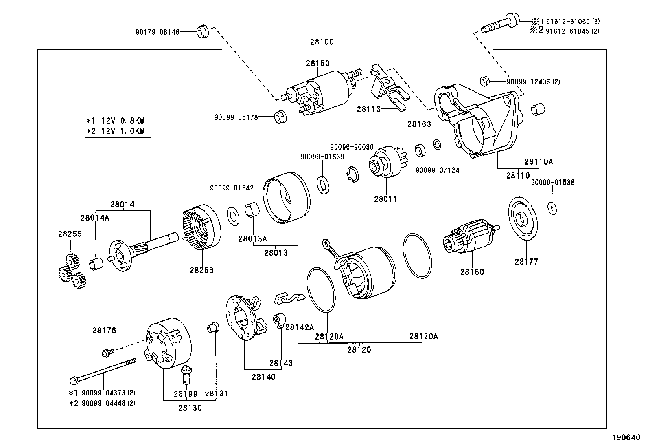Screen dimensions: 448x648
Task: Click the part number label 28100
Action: pyautogui.click(x=322, y=42)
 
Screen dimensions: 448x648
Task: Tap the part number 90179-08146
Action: pyautogui.click(x=158, y=31)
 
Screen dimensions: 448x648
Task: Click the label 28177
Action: pyautogui.click(x=526, y=262)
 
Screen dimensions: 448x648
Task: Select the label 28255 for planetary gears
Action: pyautogui.click(x=70, y=234)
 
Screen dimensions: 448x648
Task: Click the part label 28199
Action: pyautogui.click(x=186, y=394)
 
